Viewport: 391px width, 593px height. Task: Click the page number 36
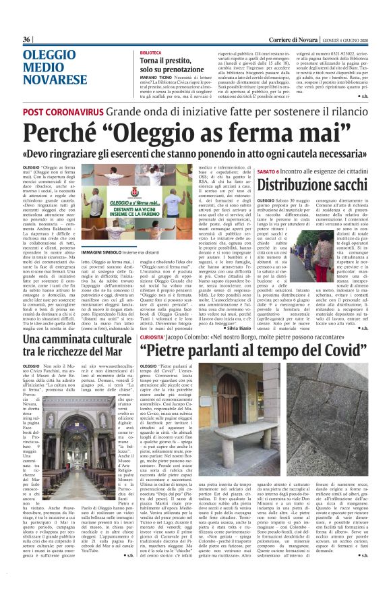click(27, 39)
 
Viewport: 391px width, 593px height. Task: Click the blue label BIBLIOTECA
click(152, 52)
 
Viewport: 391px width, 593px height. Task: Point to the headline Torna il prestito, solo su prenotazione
click(182, 65)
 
